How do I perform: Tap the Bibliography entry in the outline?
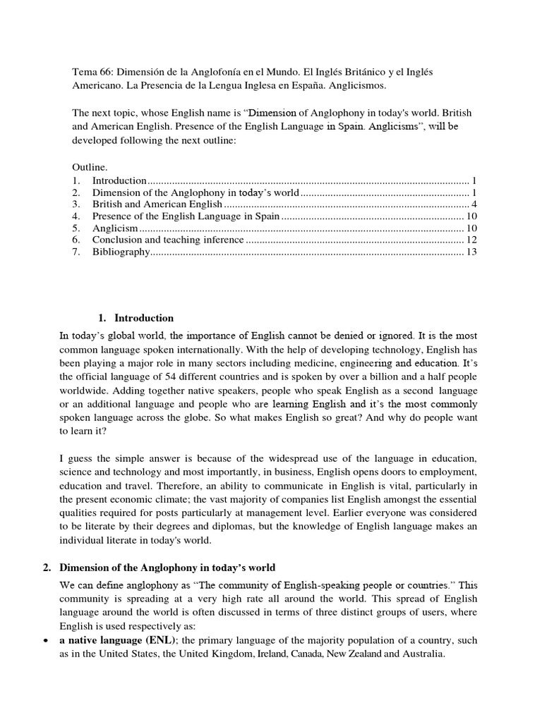(121, 252)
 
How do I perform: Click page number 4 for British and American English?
(476, 204)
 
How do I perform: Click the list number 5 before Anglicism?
(76, 228)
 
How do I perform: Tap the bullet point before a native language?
(46, 641)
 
